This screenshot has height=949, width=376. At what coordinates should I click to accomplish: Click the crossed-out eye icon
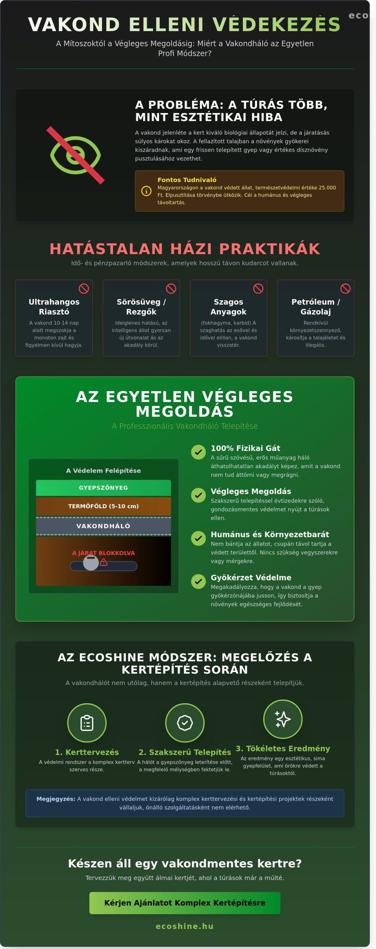[75, 155]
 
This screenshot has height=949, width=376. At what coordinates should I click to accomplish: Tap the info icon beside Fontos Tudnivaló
[146, 191]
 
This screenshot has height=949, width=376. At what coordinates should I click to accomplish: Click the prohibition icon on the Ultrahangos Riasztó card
[84, 288]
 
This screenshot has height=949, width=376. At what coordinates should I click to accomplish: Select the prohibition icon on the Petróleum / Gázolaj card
[345, 288]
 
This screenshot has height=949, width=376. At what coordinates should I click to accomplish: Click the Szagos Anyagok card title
[228, 307]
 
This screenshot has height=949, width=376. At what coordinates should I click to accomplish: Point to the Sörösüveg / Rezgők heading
[141, 307]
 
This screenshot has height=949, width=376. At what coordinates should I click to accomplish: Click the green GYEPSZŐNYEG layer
[103, 488]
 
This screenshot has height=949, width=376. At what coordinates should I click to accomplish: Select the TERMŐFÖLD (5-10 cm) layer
[103, 506]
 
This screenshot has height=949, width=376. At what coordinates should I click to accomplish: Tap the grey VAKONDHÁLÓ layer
[103, 526]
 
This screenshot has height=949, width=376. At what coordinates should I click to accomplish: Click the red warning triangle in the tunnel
[104, 562]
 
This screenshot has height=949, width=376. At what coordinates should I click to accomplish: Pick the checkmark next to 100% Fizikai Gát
[198, 452]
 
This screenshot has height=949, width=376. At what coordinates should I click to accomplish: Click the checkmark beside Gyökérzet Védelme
[198, 581]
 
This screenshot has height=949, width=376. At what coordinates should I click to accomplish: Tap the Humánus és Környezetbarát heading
[270, 534]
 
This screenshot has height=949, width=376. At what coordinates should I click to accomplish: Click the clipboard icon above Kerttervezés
[87, 723]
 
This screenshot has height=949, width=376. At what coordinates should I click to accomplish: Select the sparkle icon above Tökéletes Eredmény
[283, 719]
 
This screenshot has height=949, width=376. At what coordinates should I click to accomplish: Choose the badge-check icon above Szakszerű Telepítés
[185, 723]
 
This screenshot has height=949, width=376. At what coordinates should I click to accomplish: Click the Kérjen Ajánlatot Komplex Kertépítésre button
[185, 903]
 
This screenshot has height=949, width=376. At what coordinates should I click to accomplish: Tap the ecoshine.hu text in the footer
[185, 926]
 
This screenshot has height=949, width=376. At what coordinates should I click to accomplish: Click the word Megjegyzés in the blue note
[56, 799]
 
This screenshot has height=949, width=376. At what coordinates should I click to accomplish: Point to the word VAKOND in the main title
[74, 24]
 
